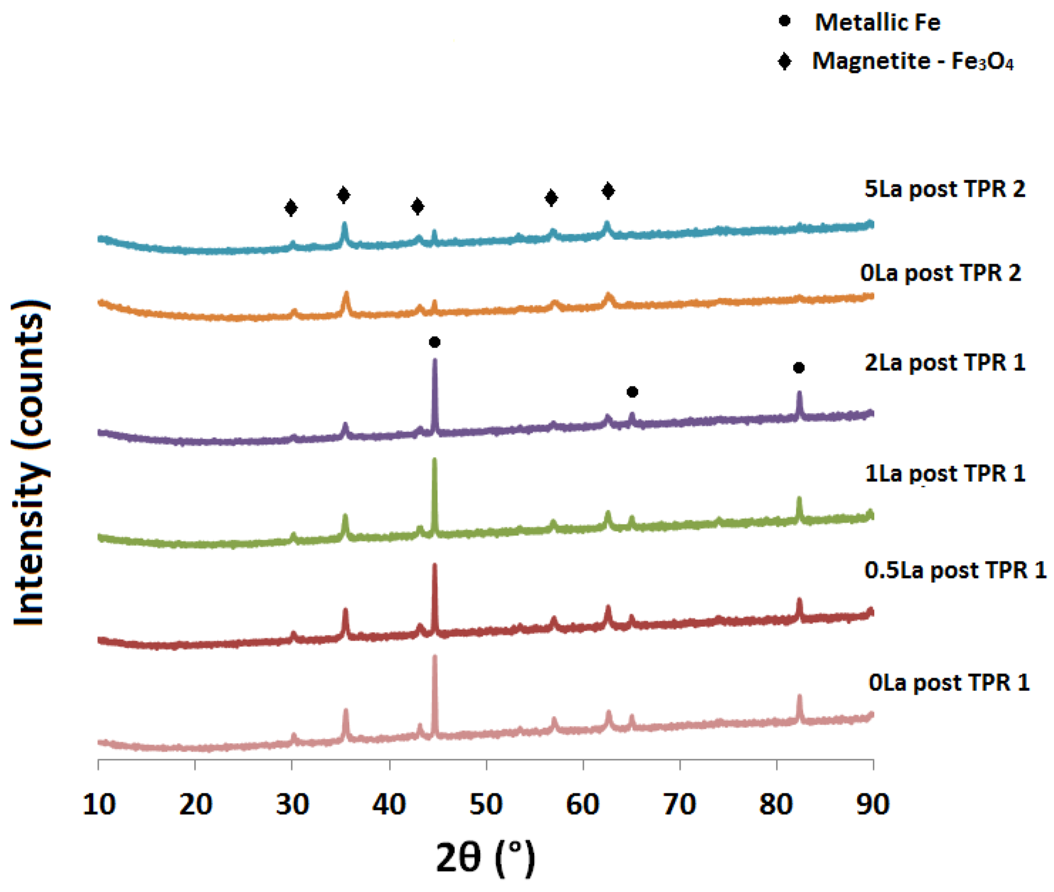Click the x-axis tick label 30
click(x=292, y=804)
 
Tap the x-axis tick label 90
click(x=873, y=804)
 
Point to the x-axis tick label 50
click(x=486, y=804)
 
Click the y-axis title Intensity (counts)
click(x=29, y=463)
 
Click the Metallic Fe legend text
click(x=877, y=22)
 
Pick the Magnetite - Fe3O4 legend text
click(x=912, y=61)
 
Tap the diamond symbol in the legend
click(x=784, y=61)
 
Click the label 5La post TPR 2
click(x=944, y=189)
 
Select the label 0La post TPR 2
click(x=940, y=273)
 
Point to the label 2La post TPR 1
click(x=944, y=362)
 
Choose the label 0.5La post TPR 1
click(x=955, y=570)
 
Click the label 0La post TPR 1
click(x=948, y=682)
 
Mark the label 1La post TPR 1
click(x=944, y=473)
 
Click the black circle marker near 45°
click(x=435, y=342)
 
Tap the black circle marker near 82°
click(x=799, y=368)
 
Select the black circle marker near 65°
click(x=632, y=392)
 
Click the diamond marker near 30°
click(x=291, y=208)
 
